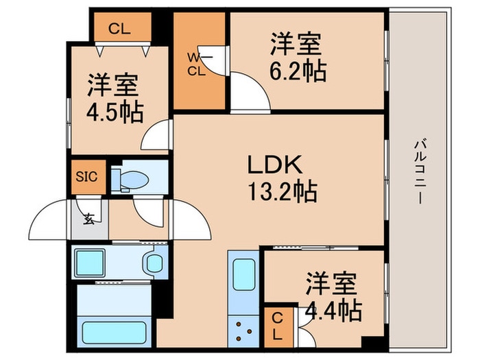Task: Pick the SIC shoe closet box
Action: pos(87,176)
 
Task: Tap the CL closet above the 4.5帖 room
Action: pos(119,29)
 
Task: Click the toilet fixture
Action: pos(131,179)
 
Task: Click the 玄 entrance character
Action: pos(90,219)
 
